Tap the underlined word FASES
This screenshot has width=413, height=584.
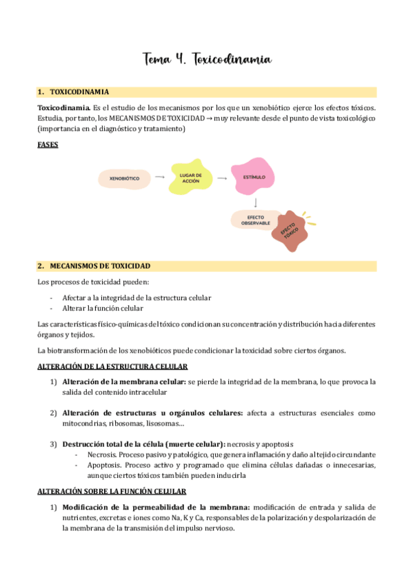pos(48,145)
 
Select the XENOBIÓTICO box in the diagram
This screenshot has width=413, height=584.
pos(124,179)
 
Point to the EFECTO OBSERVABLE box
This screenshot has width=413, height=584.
pos(251,221)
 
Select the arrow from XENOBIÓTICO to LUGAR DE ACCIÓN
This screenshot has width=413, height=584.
pos(159,177)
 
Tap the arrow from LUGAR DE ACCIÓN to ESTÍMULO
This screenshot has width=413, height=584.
pos(222,177)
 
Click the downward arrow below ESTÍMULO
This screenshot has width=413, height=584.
pos(256,202)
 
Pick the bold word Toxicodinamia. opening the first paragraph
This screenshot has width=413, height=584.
pos(63,108)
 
